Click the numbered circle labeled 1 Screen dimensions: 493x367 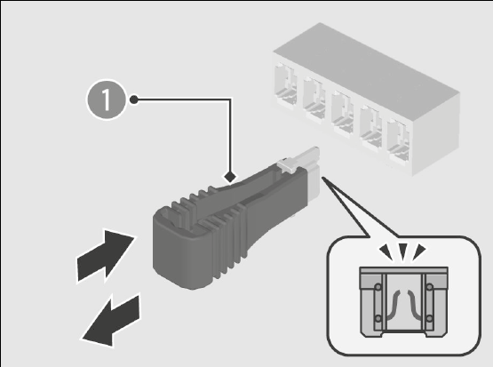[x=107, y=100]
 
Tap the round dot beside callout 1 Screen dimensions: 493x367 [x=134, y=100]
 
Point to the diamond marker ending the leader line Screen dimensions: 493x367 [x=230, y=177]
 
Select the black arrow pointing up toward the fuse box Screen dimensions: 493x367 [x=106, y=256]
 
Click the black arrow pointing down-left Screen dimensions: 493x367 [x=111, y=321]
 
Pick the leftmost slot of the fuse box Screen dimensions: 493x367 [x=285, y=85]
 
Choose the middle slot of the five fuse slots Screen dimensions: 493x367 [x=342, y=113]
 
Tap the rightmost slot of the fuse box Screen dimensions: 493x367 [x=399, y=140]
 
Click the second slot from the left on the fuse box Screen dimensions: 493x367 [x=314, y=99]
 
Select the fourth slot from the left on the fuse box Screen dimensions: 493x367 [x=371, y=127]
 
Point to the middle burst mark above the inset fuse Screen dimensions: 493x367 [x=402, y=251]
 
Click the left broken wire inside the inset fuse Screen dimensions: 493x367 [x=393, y=305]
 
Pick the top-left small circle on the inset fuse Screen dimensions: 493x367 [x=378, y=287]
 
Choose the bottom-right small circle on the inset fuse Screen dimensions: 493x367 [x=430, y=318]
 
